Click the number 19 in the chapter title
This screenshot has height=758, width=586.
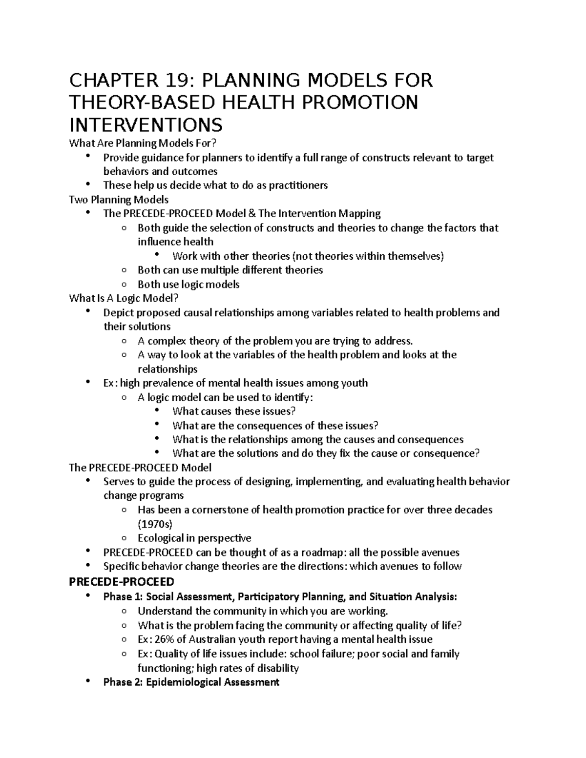click(x=180, y=80)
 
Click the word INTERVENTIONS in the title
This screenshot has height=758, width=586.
click(x=146, y=125)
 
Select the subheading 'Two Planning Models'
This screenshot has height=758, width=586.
click(x=119, y=199)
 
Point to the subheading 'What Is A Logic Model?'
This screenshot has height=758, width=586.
click(x=124, y=298)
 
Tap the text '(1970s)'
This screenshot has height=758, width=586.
click(x=155, y=524)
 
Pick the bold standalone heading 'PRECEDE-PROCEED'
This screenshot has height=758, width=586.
click(x=122, y=582)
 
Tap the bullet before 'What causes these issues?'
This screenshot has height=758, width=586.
click(x=157, y=411)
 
